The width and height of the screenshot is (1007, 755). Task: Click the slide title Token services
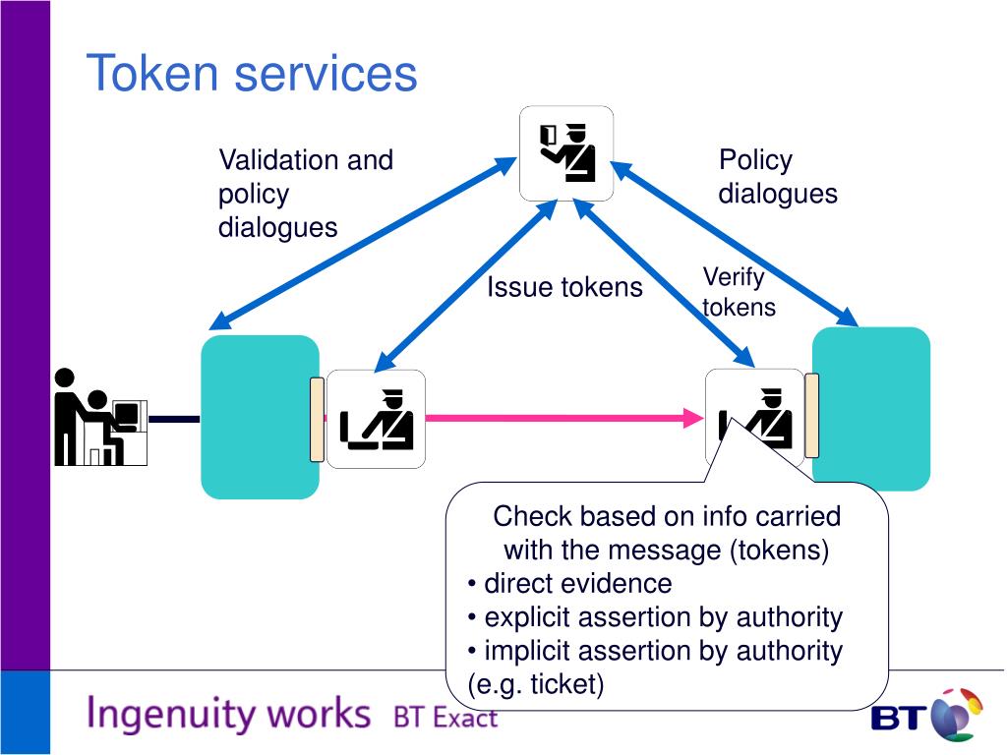[x=252, y=73]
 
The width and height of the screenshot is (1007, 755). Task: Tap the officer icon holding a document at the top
[x=566, y=153]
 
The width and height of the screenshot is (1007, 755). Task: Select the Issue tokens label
[x=564, y=287]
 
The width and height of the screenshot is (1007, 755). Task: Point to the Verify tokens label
[x=739, y=292]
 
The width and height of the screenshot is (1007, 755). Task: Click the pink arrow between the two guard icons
[x=564, y=418]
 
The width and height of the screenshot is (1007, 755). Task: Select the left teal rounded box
[x=260, y=417]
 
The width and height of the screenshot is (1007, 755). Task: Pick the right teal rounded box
[x=871, y=409]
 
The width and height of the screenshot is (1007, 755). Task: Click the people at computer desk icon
[x=101, y=417]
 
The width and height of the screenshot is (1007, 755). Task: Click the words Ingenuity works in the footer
[x=228, y=714]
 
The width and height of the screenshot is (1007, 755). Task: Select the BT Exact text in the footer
[x=445, y=717]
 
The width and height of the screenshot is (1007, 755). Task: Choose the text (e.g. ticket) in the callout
[x=536, y=684]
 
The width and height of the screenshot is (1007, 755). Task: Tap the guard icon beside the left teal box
[x=376, y=419]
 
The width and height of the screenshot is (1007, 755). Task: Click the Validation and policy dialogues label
[x=306, y=194]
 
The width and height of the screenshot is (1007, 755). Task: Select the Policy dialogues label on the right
[x=778, y=177]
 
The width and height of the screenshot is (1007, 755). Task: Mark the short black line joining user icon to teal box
[x=174, y=419]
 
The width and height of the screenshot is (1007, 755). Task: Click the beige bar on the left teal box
[x=317, y=420]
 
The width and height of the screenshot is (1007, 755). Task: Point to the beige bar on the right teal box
[x=811, y=416]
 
